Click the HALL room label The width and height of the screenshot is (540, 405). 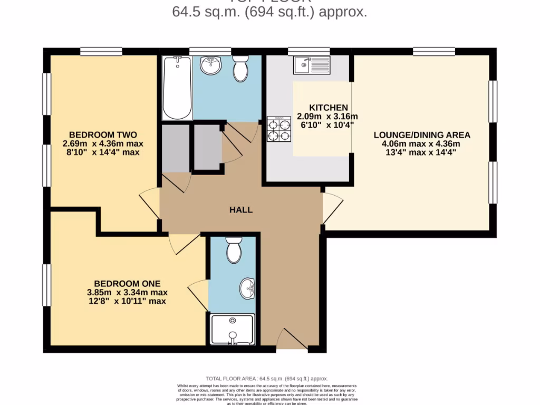coord(240,209)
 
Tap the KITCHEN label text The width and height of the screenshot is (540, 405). coord(328,108)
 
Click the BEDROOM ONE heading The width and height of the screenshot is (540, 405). coord(127,283)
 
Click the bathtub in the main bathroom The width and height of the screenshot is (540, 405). coord(177,88)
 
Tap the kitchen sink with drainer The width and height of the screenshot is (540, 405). coord(312,65)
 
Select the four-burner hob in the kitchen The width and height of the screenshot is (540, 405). coord(279,129)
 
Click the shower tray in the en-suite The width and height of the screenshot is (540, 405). coord(233,330)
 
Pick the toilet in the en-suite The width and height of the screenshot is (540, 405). coord(234,249)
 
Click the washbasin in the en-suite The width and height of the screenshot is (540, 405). coord(247,288)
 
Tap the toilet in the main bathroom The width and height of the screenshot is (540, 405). coord(240,69)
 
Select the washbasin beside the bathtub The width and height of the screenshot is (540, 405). coord(210,65)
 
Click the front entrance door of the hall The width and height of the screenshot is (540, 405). coord(291,339)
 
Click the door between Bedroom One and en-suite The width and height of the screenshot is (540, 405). coord(199,295)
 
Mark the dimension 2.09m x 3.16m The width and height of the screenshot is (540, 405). coord(327,117)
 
